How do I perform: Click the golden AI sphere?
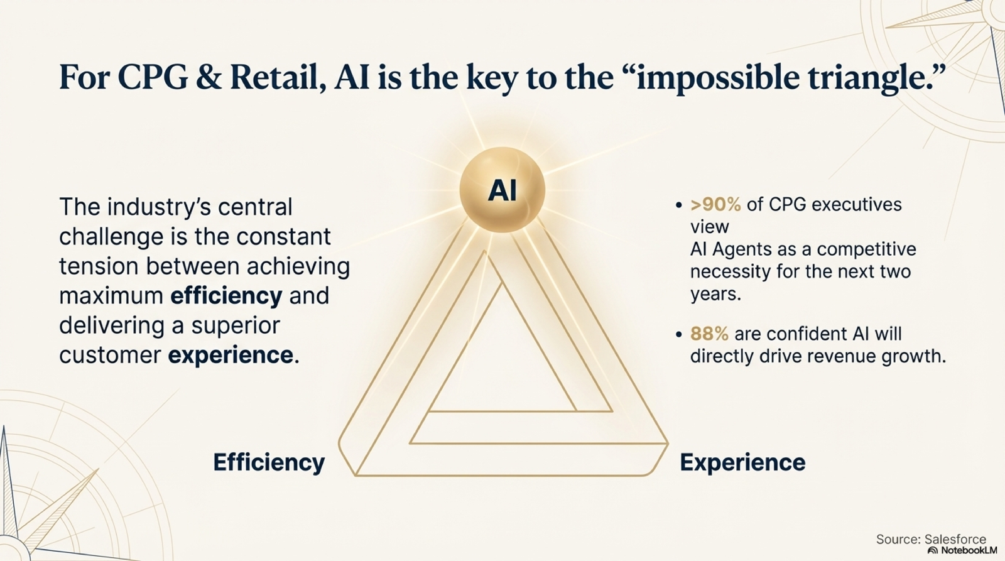502,190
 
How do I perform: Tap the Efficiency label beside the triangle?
269,463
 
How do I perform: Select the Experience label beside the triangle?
742,463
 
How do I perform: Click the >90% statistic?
715,205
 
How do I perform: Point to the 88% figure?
709,334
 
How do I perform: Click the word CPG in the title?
153,77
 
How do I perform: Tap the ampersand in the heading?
209,77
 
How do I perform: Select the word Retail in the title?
278,77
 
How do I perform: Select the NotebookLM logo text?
962,550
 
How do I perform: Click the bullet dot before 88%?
678,335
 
